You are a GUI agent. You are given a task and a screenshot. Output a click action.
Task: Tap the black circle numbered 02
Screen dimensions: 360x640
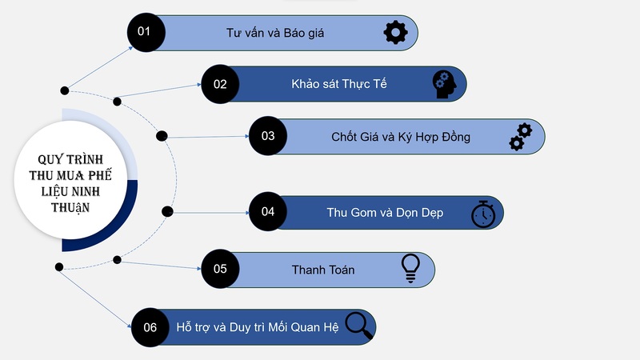(x=221, y=83)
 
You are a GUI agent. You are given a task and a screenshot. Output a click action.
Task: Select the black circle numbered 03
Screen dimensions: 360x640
(x=268, y=136)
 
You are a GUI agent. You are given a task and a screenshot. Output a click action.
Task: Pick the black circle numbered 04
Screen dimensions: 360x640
(x=268, y=212)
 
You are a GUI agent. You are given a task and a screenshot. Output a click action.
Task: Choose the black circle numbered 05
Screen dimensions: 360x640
(x=221, y=270)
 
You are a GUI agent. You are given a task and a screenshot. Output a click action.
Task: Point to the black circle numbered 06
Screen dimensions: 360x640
(x=150, y=327)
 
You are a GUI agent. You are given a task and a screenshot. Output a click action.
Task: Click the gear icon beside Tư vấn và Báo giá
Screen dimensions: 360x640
(x=395, y=33)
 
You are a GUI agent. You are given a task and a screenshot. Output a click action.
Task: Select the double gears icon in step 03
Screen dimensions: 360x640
(x=521, y=137)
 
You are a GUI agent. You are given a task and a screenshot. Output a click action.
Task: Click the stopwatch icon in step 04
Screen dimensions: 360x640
(x=482, y=214)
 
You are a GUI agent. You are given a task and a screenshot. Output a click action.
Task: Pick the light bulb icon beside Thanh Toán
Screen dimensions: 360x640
(x=410, y=269)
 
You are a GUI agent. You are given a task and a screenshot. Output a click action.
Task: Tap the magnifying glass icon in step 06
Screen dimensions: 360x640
(x=358, y=326)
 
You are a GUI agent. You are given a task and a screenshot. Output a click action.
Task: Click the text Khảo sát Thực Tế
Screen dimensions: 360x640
(x=339, y=84)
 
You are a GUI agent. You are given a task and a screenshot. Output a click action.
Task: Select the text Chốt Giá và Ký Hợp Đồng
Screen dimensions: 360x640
(x=400, y=137)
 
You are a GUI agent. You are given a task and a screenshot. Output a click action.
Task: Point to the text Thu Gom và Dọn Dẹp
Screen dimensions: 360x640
(x=385, y=213)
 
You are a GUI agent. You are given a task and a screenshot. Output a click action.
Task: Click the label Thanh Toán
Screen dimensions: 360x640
(x=323, y=270)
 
